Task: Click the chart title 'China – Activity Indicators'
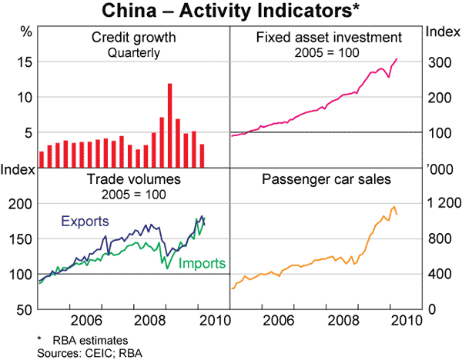click(x=230, y=11)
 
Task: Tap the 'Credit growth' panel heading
click(x=134, y=38)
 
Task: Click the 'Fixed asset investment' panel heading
click(x=327, y=37)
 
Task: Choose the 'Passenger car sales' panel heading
click(x=327, y=179)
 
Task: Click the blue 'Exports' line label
click(x=84, y=222)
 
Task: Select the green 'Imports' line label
click(x=201, y=263)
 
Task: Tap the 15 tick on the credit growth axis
click(x=23, y=62)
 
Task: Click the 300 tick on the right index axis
click(x=439, y=62)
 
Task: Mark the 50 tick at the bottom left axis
click(x=23, y=309)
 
